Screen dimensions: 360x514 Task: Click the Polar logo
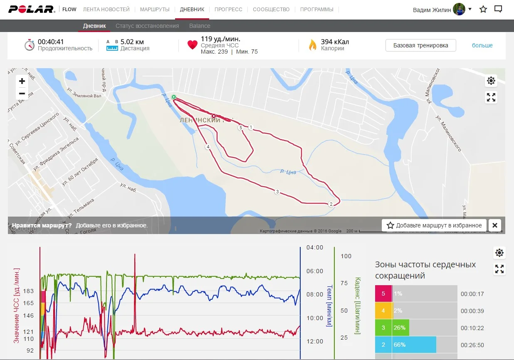click(32, 9)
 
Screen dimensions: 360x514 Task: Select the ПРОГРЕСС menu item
click(228, 9)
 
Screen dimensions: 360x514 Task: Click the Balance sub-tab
click(200, 26)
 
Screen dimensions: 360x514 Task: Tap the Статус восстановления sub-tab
click(147, 26)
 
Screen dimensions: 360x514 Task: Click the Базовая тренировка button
click(420, 45)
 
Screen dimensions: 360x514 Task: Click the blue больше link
click(482, 45)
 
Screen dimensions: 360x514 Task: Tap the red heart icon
click(192, 45)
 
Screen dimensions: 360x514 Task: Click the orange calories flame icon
click(312, 45)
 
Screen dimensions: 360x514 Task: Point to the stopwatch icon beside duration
click(29, 45)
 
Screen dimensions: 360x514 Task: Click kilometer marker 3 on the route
click(277, 192)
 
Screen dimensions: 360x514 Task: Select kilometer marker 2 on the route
click(331, 204)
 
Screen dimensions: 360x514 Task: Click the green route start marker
click(174, 97)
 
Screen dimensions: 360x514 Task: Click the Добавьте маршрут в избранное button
click(434, 225)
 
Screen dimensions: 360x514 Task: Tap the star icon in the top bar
click(483, 9)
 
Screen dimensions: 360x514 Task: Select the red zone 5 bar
click(383, 294)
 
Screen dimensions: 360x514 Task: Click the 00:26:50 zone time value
click(472, 345)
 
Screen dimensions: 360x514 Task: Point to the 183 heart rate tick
click(29, 291)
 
